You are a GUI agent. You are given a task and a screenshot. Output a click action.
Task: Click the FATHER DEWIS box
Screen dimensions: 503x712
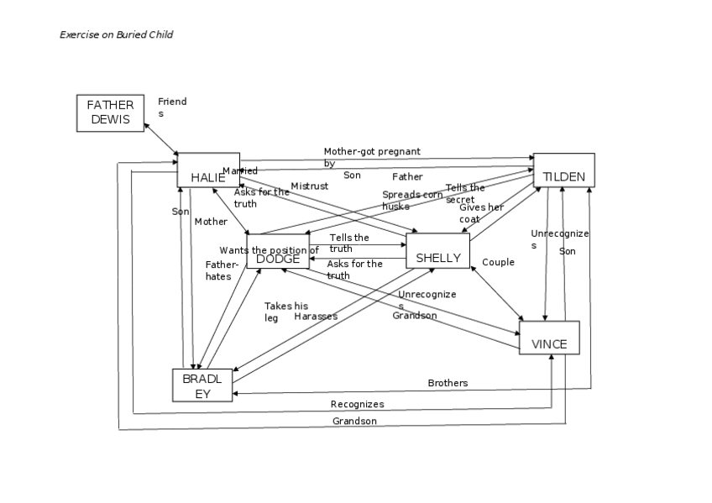[110, 113]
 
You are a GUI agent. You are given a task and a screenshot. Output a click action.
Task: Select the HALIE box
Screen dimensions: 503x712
[208, 170]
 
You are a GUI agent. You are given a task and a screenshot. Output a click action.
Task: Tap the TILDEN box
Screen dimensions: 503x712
[564, 170]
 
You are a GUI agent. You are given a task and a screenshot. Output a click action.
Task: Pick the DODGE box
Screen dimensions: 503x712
[278, 252]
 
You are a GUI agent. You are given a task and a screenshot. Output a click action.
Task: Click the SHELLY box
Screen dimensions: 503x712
[437, 250]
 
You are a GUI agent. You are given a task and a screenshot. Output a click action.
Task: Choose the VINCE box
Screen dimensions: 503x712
[549, 338]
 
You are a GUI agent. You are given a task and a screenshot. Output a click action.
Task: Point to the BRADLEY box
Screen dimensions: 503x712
[202, 385]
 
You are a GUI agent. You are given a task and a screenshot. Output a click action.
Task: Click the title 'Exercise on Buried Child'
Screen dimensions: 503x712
[116, 34]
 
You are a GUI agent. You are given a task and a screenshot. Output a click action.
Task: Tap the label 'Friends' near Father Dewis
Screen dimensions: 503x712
[172, 107]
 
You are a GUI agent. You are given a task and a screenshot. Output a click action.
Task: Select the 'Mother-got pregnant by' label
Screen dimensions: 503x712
[370, 157]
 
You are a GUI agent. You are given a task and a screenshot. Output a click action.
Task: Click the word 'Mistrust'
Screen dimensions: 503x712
[309, 186]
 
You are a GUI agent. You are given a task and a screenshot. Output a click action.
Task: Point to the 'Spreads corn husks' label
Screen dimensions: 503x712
[411, 200]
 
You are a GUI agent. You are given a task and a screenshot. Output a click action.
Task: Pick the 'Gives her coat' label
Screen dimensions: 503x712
[481, 213]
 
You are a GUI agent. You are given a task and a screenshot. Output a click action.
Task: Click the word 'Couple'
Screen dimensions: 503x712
[498, 263]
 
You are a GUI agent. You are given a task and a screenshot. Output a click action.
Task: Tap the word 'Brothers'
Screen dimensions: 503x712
[448, 383]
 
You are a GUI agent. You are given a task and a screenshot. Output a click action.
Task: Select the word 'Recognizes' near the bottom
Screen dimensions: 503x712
[357, 405]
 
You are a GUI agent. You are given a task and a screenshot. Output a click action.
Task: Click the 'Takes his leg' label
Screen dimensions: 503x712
[285, 312]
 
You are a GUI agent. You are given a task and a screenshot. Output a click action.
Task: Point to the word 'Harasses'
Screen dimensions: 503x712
[316, 317]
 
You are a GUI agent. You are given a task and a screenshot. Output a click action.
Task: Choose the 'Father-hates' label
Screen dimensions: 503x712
[218, 270]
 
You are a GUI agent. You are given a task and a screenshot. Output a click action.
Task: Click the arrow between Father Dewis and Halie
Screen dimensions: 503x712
[160, 139]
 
